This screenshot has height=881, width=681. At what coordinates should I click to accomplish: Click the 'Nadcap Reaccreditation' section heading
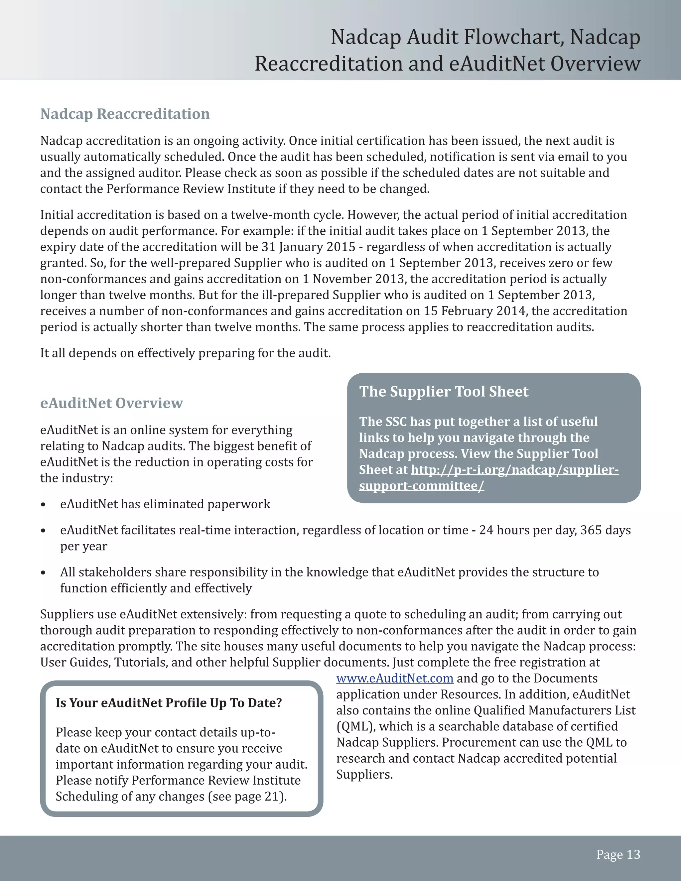(x=125, y=114)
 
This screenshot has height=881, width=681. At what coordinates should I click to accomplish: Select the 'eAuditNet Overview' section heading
(x=111, y=403)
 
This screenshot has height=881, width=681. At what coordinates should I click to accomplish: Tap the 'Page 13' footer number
(x=618, y=854)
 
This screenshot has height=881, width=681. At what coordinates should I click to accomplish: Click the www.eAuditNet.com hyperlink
(x=395, y=679)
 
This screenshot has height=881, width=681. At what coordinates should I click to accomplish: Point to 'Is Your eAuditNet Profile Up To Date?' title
(x=169, y=703)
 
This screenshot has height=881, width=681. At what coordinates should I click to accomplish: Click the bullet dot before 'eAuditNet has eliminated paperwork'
(x=43, y=505)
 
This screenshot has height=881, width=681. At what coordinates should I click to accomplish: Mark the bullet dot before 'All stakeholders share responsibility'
(x=43, y=573)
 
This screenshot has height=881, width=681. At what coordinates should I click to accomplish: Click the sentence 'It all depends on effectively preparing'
(x=185, y=353)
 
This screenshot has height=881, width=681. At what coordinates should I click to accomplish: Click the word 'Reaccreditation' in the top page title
(x=329, y=64)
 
